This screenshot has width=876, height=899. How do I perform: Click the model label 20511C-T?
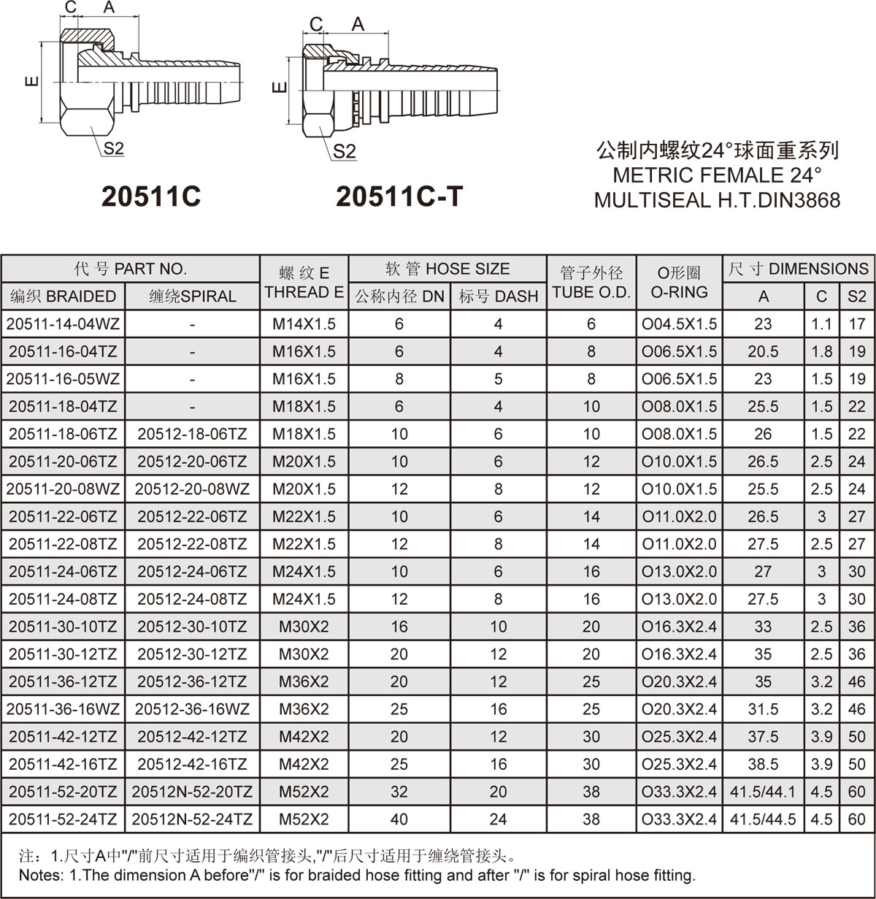pyautogui.click(x=399, y=196)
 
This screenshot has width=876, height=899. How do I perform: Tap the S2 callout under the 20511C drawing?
pyautogui.click(x=113, y=148)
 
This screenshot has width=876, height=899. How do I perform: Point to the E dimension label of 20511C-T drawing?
pyautogui.click(x=280, y=88)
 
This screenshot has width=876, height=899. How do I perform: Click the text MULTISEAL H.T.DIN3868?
pyautogui.click(x=717, y=199)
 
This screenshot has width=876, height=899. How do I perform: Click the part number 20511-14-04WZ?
pyautogui.click(x=63, y=324)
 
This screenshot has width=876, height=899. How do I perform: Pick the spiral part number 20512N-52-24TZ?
pyautogui.click(x=192, y=819)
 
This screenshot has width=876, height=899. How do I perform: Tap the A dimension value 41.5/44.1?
pyautogui.click(x=764, y=792)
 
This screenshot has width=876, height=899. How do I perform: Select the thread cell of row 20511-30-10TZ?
pyautogui.click(x=304, y=627)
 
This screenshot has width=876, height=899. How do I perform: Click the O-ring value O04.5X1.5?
pyautogui.click(x=679, y=324)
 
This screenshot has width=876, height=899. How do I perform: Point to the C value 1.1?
pyautogui.click(x=822, y=324)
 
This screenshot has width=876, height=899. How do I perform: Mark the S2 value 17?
pyautogui.click(x=857, y=324)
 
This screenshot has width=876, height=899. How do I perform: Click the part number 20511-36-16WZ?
pyautogui.click(x=63, y=709)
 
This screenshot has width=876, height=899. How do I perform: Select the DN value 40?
pyautogui.click(x=399, y=819)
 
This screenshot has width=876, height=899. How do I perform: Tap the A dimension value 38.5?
pyautogui.click(x=764, y=764)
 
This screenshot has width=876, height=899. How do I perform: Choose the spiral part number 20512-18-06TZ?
pyautogui.click(x=192, y=434)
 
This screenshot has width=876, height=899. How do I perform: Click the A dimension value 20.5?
pyautogui.click(x=764, y=351)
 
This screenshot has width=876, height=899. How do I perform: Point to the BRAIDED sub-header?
pyautogui.click(x=63, y=296)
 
